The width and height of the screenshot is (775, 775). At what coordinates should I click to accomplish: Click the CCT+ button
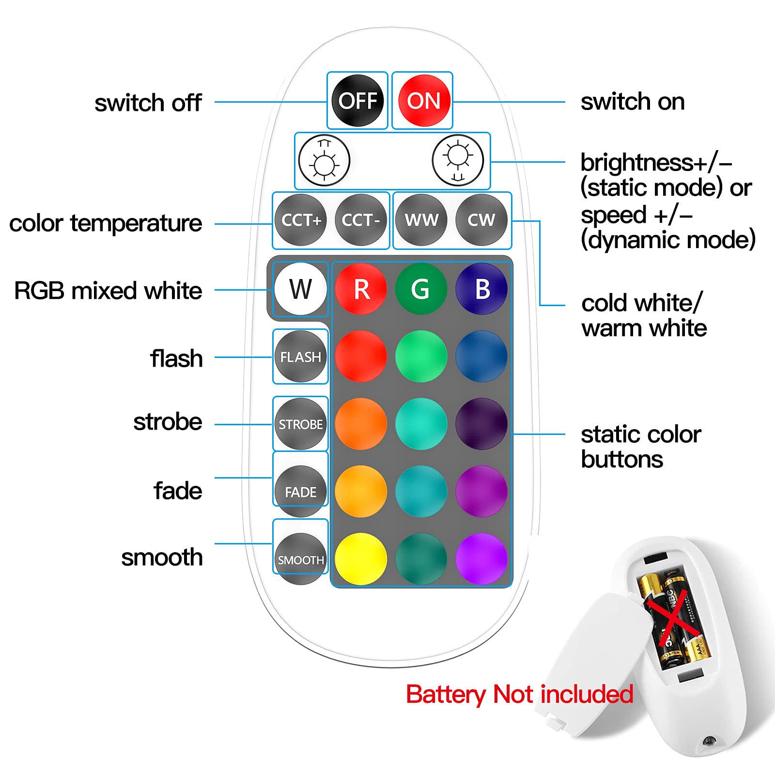[301, 220]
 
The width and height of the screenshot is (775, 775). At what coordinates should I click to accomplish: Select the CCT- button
[361, 220]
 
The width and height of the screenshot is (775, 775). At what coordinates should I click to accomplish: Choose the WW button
[421, 220]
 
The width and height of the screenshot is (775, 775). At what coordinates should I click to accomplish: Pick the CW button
[481, 220]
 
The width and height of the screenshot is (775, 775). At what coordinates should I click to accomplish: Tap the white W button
[301, 289]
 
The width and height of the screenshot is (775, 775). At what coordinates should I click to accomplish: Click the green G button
[421, 289]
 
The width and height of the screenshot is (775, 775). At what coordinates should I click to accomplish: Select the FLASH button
[301, 357]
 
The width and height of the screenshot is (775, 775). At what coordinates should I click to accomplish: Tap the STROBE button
[301, 424]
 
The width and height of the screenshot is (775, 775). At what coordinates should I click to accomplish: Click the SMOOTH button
[301, 559]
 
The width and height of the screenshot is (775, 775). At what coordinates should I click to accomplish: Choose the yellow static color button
[361, 559]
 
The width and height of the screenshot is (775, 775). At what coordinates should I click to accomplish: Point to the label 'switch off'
[148, 103]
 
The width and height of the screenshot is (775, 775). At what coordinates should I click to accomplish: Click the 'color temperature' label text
[106, 223]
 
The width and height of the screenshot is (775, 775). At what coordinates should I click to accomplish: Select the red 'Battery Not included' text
[519, 694]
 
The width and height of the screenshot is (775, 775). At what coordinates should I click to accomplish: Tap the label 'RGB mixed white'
[108, 291]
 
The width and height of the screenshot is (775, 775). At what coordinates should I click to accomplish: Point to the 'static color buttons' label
[640, 447]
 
